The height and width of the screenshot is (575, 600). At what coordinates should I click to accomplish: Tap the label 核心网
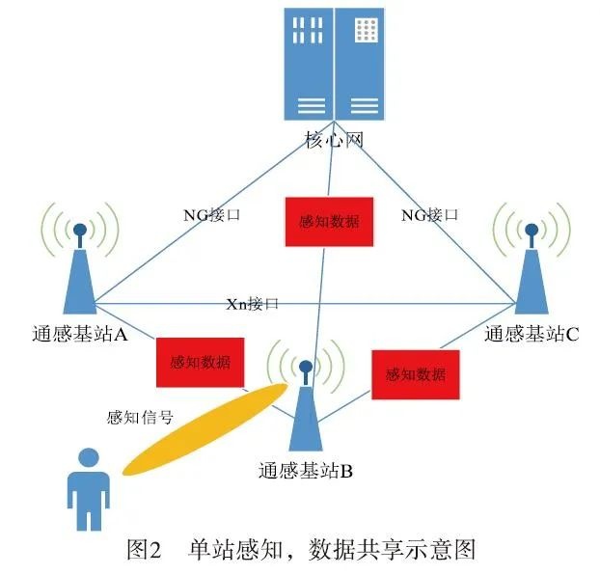pyautogui.click(x=329, y=141)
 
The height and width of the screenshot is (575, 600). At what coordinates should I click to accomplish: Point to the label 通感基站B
pyautogui.click(x=305, y=472)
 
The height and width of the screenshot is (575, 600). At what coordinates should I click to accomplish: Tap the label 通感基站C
pyautogui.click(x=532, y=335)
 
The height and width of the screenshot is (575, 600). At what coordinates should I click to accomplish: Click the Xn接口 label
pyautogui.click(x=252, y=304)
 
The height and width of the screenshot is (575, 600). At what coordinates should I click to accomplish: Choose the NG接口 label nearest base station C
pyautogui.click(x=430, y=215)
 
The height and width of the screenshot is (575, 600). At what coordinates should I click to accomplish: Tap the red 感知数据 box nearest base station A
pyautogui.click(x=200, y=363)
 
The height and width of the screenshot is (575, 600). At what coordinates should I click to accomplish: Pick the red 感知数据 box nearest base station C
pyautogui.click(x=415, y=374)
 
